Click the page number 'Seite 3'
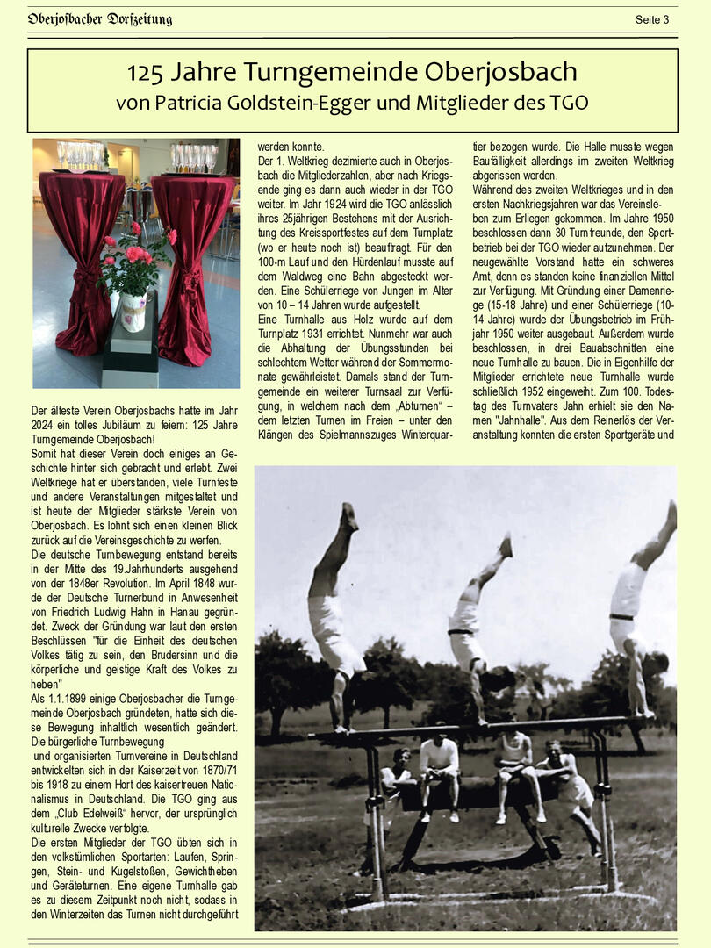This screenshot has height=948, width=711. [x=651, y=19]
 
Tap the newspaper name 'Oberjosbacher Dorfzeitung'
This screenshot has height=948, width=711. [x=100, y=19]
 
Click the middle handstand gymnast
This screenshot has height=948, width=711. [x=474, y=623]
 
